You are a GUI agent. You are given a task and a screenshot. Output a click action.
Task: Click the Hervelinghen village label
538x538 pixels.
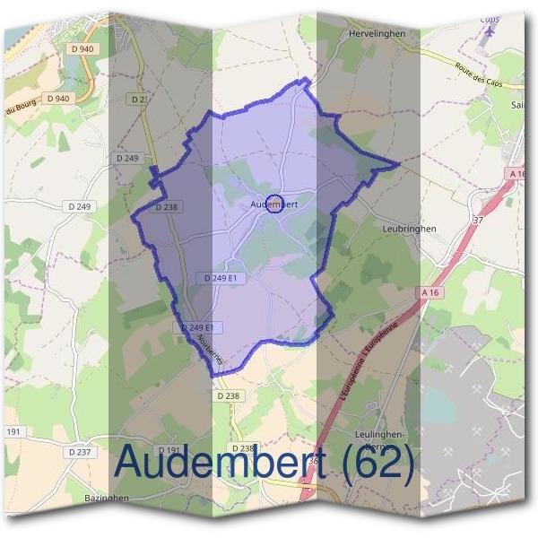pyautogui.click(x=376, y=33)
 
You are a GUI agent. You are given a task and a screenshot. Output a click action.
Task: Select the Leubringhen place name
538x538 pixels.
pyautogui.click(x=409, y=229)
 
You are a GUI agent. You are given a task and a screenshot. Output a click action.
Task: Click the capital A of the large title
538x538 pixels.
pyautogui.click(x=135, y=463)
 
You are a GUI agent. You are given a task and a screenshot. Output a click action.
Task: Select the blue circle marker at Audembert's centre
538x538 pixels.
pyautogui.click(x=275, y=204)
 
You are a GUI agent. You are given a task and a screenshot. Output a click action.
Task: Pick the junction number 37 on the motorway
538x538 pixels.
pyautogui.click(x=477, y=218)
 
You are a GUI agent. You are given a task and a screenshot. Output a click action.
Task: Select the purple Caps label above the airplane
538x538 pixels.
pyautogui.click(x=490, y=19)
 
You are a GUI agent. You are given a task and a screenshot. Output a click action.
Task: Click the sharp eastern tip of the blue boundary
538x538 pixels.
pyautogui.click(x=396, y=165)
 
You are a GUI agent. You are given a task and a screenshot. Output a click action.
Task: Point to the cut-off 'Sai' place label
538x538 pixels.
pyautogui.click(x=517, y=104)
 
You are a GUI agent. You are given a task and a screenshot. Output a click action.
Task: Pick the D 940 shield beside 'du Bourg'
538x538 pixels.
pyautogui.click(x=56, y=98)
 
